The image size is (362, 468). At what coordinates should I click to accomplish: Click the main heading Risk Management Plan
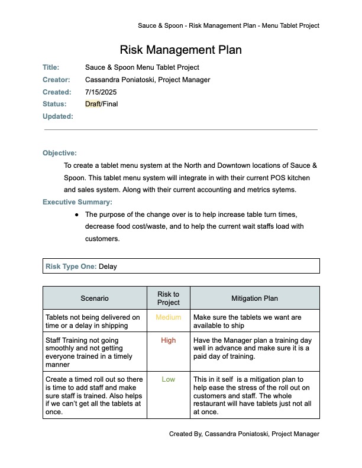click(180, 50)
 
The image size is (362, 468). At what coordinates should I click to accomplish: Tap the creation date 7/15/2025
click(99, 92)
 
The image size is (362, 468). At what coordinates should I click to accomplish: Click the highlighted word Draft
click(93, 105)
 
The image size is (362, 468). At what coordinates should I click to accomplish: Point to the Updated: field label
click(58, 116)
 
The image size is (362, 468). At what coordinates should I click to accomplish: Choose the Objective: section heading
click(60, 153)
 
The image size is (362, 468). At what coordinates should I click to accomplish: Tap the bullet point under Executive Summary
click(77, 214)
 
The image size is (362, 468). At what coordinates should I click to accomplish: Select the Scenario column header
click(95, 298)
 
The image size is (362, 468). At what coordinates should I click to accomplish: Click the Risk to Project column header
click(169, 298)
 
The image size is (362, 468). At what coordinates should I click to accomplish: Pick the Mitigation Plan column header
click(254, 298)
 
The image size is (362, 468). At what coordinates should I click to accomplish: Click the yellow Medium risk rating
click(169, 317)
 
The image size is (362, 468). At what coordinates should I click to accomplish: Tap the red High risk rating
click(169, 340)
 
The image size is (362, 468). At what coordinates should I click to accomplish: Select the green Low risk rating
click(169, 379)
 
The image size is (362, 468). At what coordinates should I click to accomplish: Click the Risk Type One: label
click(71, 266)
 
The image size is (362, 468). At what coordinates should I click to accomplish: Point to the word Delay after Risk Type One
click(108, 266)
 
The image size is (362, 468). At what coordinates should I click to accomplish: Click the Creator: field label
click(56, 80)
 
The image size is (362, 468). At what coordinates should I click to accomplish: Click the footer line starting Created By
click(244, 434)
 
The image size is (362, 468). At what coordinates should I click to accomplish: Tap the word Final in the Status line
click(111, 105)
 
